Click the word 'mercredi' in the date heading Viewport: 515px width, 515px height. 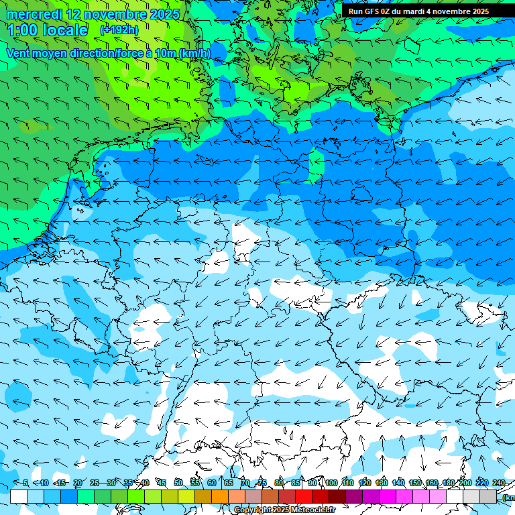34,14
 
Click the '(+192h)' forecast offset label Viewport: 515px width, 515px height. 119,30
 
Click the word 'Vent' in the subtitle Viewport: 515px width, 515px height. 19,53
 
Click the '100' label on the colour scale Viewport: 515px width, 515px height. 331,483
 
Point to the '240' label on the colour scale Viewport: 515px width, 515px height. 499,483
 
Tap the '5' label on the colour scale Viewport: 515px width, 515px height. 25,483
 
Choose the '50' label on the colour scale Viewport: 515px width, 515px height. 178,483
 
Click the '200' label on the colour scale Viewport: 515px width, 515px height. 465,483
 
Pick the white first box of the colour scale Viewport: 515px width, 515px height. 19,496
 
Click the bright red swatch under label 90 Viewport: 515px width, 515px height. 304,496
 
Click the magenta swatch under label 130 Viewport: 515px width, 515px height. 388,496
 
